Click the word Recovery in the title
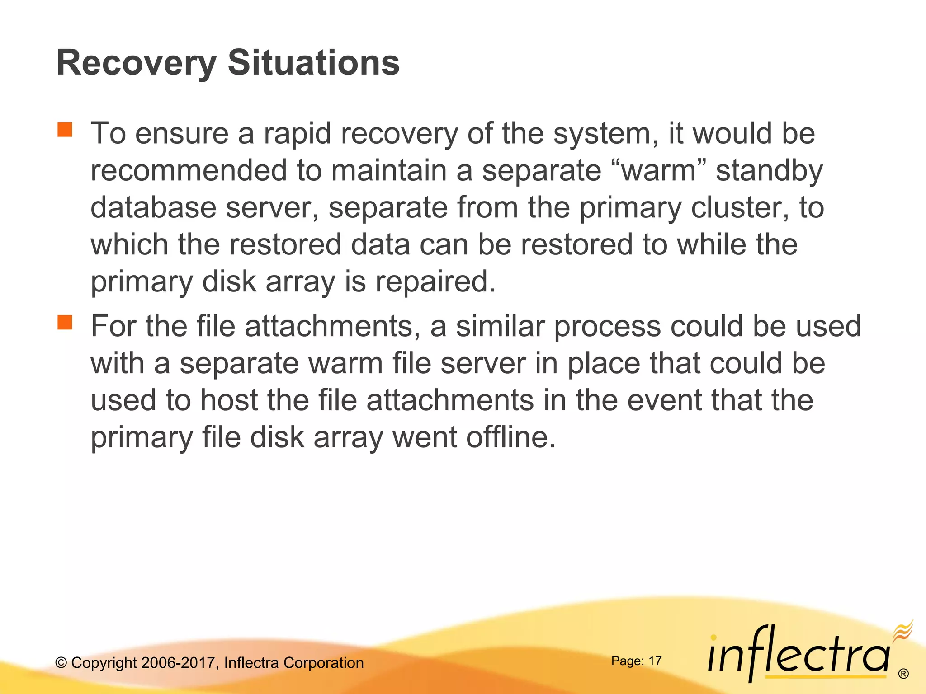coord(136,63)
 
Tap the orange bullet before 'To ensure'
coord(65,130)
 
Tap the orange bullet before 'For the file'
coord(65,323)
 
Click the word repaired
coord(435,282)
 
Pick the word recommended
coord(189,171)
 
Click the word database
coord(153,208)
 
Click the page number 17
coord(655,661)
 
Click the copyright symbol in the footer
coord(61,663)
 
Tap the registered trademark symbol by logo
coord(903,674)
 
